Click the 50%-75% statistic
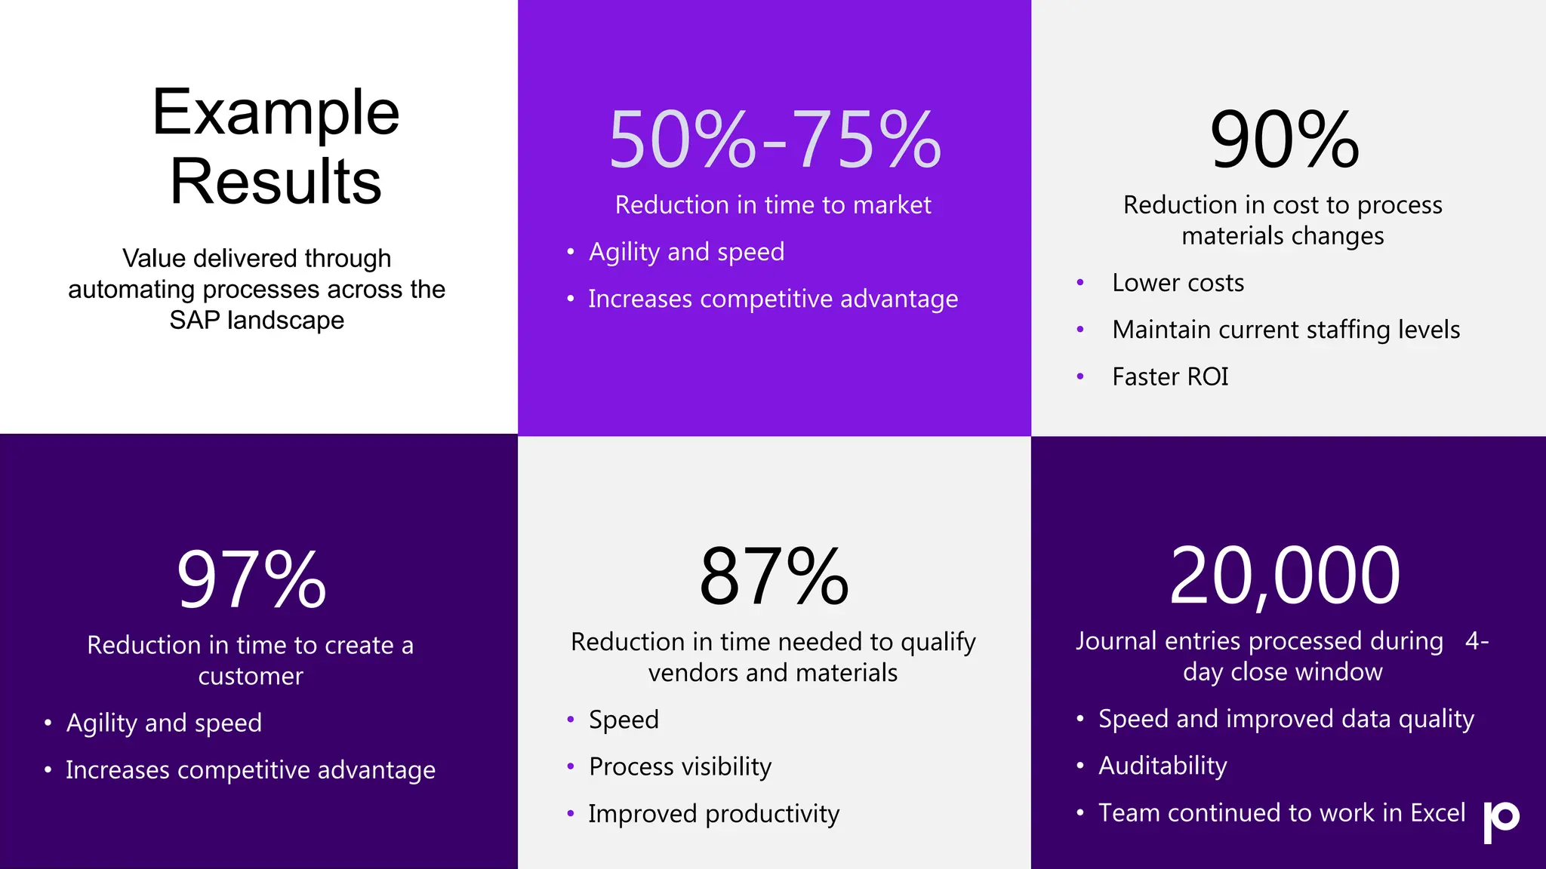pos(775,140)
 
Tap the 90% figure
pos(1284,140)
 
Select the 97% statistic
pos(251,579)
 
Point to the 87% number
pos(774,577)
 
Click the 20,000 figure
pos(1284,576)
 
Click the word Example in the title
pos(276,112)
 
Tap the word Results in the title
pos(276,181)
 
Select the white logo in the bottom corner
pos(1501,821)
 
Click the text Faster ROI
pos(1170,376)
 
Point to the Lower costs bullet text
pos(1178,283)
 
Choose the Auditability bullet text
pos(1163,766)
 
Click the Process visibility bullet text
pos(680,766)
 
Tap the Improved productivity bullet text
pos(713,814)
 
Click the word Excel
pos(1438,812)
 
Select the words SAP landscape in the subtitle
pos(257,321)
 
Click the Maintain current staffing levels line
pos(1286,330)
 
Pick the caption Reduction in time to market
pos(773,205)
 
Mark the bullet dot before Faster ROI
pos(1080,376)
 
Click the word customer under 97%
pos(251,677)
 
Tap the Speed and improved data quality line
pos(1286,719)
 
